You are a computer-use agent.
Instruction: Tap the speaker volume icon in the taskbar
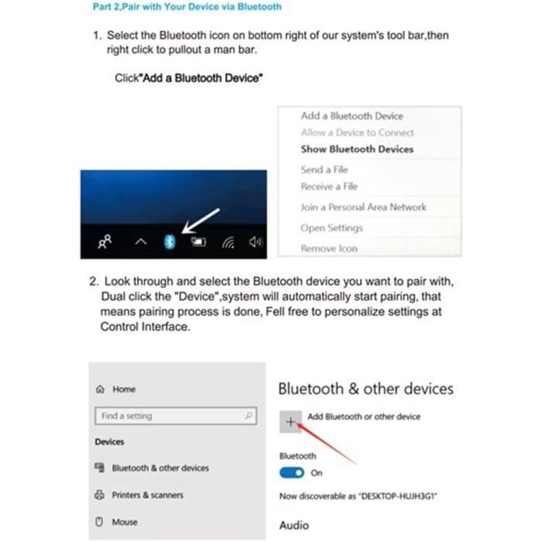coord(256,242)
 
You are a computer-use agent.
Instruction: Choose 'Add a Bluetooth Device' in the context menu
coord(352,116)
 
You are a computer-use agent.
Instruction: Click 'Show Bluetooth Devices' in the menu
coord(357,149)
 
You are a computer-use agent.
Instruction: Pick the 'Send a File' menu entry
coord(324,170)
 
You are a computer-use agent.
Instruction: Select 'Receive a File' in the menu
coord(329,187)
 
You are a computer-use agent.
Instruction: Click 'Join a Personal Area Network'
coord(363,208)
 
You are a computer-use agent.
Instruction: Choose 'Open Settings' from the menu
coord(331,228)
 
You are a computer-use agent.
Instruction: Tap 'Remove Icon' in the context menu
coord(329,249)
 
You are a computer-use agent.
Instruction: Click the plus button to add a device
coord(290,421)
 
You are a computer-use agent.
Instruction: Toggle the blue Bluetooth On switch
coord(292,472)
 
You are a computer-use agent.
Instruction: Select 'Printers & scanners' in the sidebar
coord(147,495)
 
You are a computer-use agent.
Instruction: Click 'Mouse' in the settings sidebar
coord(124,522)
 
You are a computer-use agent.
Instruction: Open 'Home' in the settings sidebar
coord(123,389)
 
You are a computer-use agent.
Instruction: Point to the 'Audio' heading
coord(293,526)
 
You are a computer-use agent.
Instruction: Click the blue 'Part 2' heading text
coord(186,7)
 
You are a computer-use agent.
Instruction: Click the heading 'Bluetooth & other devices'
coord(365,389)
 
